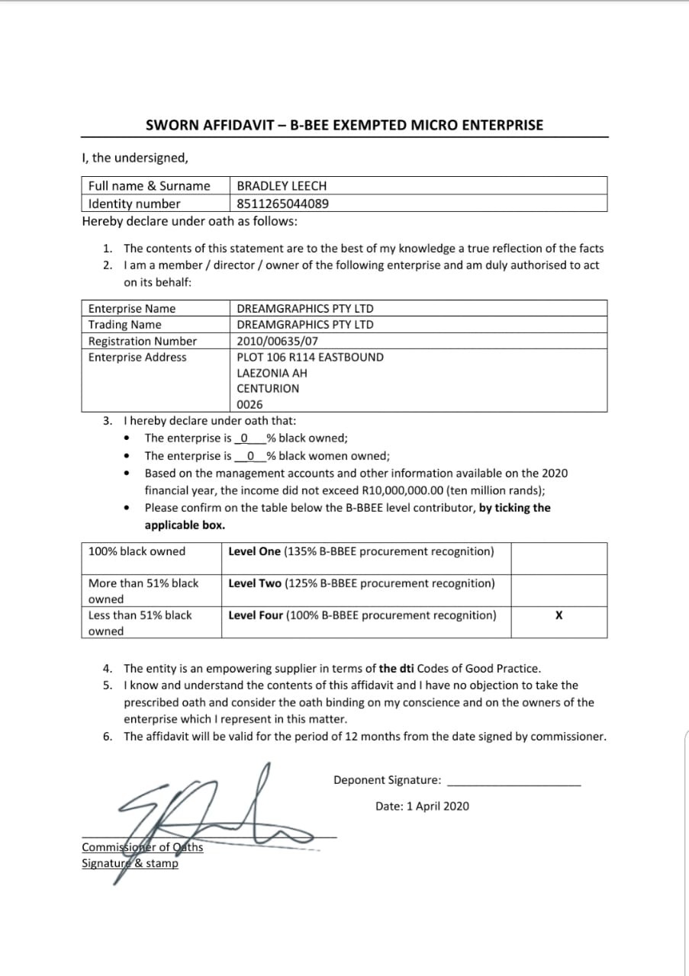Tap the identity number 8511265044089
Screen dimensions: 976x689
tap(283, 204)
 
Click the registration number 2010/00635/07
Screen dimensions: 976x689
tap(278, 341)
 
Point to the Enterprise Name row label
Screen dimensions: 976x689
tap(131, 309)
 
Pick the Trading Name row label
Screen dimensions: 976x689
tap(124, 325)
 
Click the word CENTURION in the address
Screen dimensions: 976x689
tap(268, 388)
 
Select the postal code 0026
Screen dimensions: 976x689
tap(249, 404)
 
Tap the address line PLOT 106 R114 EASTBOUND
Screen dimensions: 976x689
tap(310, 357)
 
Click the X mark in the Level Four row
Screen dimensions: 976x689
tap(559, 615)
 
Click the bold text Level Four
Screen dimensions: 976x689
tap(256, 615)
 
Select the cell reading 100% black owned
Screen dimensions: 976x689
tap(137, 551)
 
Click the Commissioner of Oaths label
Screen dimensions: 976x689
tap(142, 847)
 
